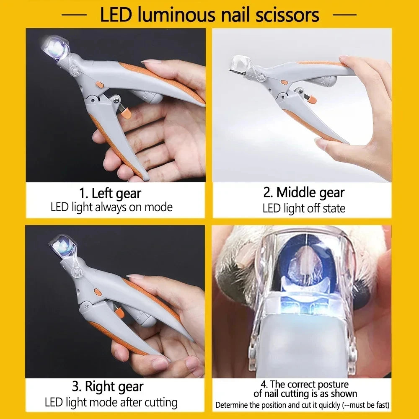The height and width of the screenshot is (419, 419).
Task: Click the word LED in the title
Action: (116, 15)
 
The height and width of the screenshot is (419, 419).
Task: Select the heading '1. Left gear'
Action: (110, 193)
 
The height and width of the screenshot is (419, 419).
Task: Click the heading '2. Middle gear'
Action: (304, 192)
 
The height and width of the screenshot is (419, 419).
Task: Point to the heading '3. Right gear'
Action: (108, 386)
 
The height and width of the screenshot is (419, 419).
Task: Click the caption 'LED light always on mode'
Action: (111, 207)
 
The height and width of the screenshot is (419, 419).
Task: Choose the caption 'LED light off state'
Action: (304, 208)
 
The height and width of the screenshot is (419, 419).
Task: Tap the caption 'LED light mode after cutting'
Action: (111, 403)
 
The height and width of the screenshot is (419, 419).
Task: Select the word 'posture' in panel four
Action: (331, 384)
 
